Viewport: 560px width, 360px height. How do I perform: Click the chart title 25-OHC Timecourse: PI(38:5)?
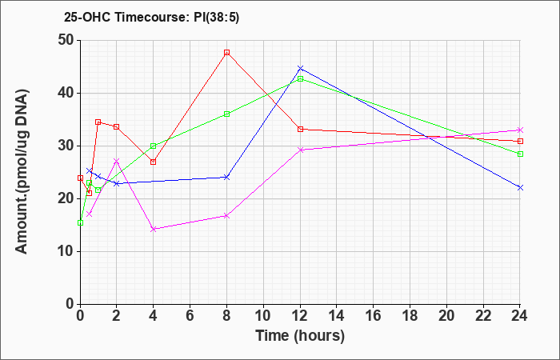pos(151,17)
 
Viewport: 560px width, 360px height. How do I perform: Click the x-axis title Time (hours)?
pos(300,336)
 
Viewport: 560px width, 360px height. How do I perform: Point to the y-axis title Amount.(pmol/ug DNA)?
pos(22,172)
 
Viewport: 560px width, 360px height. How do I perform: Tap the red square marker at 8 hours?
pos(226,53)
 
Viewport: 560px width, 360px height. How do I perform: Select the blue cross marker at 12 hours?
pos(300,68)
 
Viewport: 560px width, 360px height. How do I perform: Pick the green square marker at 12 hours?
pos(300,79)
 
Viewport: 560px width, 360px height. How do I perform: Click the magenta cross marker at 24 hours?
pos(520,130)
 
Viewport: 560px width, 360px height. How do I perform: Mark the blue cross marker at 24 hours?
pos(520,187)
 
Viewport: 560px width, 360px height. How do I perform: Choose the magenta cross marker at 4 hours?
pos(154,229)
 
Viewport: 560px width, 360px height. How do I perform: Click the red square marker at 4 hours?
pos(154,162)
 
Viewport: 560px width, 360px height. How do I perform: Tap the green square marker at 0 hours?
pos(80,223)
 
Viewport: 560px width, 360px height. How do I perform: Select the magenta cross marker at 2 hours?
pos(117,161)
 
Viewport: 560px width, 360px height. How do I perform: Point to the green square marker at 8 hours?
pos(226,114)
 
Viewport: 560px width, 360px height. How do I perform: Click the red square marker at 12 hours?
pos(300,130)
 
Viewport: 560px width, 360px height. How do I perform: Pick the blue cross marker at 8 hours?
pos(226,177)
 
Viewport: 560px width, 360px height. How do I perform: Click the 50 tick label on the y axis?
pos(66,40)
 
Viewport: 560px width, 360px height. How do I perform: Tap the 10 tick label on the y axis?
pos(66,251)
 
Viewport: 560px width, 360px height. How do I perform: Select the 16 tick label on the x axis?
pos(374,316)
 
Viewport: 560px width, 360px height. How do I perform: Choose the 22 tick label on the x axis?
pos(483,316)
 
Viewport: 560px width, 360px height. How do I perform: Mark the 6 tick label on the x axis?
pos(190,316)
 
